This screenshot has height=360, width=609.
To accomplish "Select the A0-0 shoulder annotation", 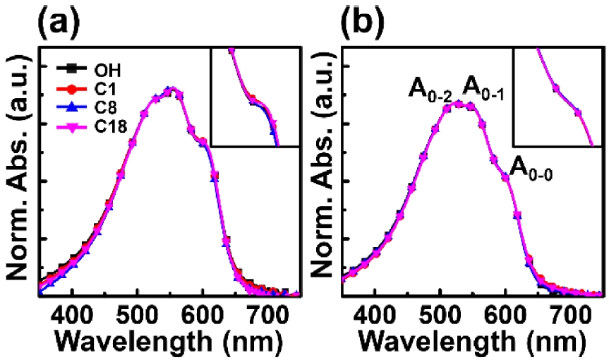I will point(531,168).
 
